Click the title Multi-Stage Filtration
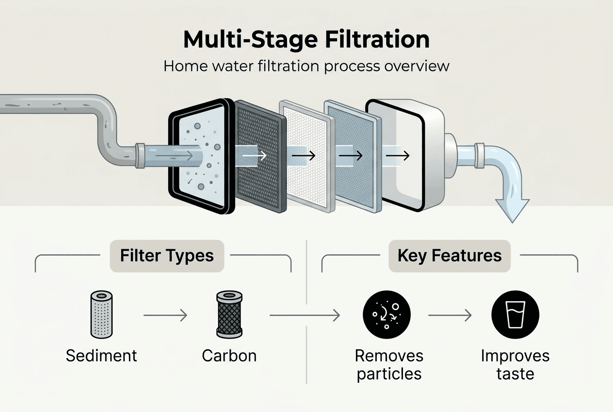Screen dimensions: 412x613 [x=306, y=40]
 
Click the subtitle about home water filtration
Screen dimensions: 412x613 [x=306, y=66]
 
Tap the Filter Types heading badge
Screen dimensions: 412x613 [x=167, y=256]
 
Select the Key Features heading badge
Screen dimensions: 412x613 [x=450, y=256]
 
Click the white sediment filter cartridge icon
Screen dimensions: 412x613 [x=101, y=314]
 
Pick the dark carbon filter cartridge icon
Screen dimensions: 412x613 [x=229, y=314]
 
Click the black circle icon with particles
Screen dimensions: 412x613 [x=387, y=314]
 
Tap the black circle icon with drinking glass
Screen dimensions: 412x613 [x=515, y=314]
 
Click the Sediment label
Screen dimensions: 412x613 [x=101, y=356]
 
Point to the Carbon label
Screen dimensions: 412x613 [x=229, y=356]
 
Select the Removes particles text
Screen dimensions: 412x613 [x=389, y=364]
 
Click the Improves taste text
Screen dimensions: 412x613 [x=515, y=364]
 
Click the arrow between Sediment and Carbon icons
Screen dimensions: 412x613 [x=165, y=316]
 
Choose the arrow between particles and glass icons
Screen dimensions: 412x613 [x=450, y=316]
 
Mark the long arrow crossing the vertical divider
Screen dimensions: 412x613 [x=305, y=316]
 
